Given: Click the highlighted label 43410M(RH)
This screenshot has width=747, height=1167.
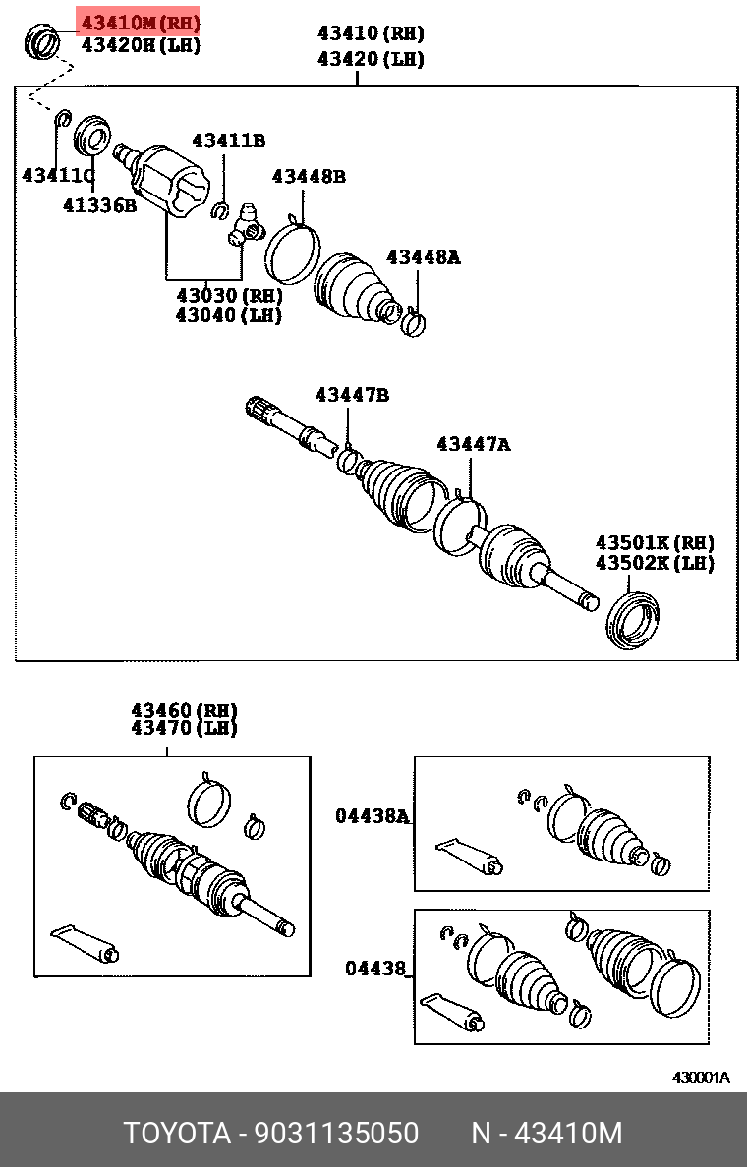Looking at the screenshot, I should click(x=139, y=21).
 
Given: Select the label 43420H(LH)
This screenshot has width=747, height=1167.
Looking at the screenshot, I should click(x=140, y=45).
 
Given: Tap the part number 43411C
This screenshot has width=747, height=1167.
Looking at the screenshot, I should click(x=57, y=176).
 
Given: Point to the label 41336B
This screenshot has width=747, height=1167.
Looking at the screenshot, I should click(x=99, y=205).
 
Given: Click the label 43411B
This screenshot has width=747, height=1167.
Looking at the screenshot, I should click(x=228, y=140).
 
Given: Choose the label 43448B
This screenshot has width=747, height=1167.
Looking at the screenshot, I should click(x=309, y=177).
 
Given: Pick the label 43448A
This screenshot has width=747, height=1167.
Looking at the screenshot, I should click(x=423, y=257).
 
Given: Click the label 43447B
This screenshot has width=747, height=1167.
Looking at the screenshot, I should click(x=352, y=395).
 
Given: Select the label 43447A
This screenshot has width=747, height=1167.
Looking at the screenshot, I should click(x=473, y=445).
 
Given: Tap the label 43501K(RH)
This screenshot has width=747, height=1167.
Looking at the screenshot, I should click(x=654, y=543).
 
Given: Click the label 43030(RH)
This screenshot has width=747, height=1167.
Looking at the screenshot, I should click(x=229, y=295).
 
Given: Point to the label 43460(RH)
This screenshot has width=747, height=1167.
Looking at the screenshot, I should click(x=185, y=710).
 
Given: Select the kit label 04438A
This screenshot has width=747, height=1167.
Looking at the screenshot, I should click(x=372, y=815).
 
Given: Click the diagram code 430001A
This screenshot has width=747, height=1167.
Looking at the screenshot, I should click(x=701, y=1077).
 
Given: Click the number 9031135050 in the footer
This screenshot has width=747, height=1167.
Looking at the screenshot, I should click(x=337, y=1133).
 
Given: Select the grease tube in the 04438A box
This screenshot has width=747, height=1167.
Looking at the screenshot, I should click(x=470, y=855).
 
